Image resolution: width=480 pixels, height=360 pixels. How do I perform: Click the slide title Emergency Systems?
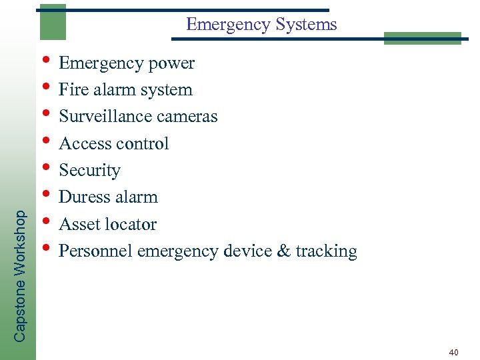pyautogui.click(x=261, y=25)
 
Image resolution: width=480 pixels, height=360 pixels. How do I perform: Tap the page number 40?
pyautogui.click(x=453, y=351)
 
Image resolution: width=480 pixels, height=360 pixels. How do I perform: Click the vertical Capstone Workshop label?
pyautogui.click(x=21, y=276)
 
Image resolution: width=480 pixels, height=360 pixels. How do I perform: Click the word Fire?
pyautogui.click(x=71, y=90)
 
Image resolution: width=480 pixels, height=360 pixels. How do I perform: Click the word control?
pyautogui.click(x=142, y=143)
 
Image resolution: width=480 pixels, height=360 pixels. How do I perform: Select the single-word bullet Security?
pyautogui.click(x=89, y=171)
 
